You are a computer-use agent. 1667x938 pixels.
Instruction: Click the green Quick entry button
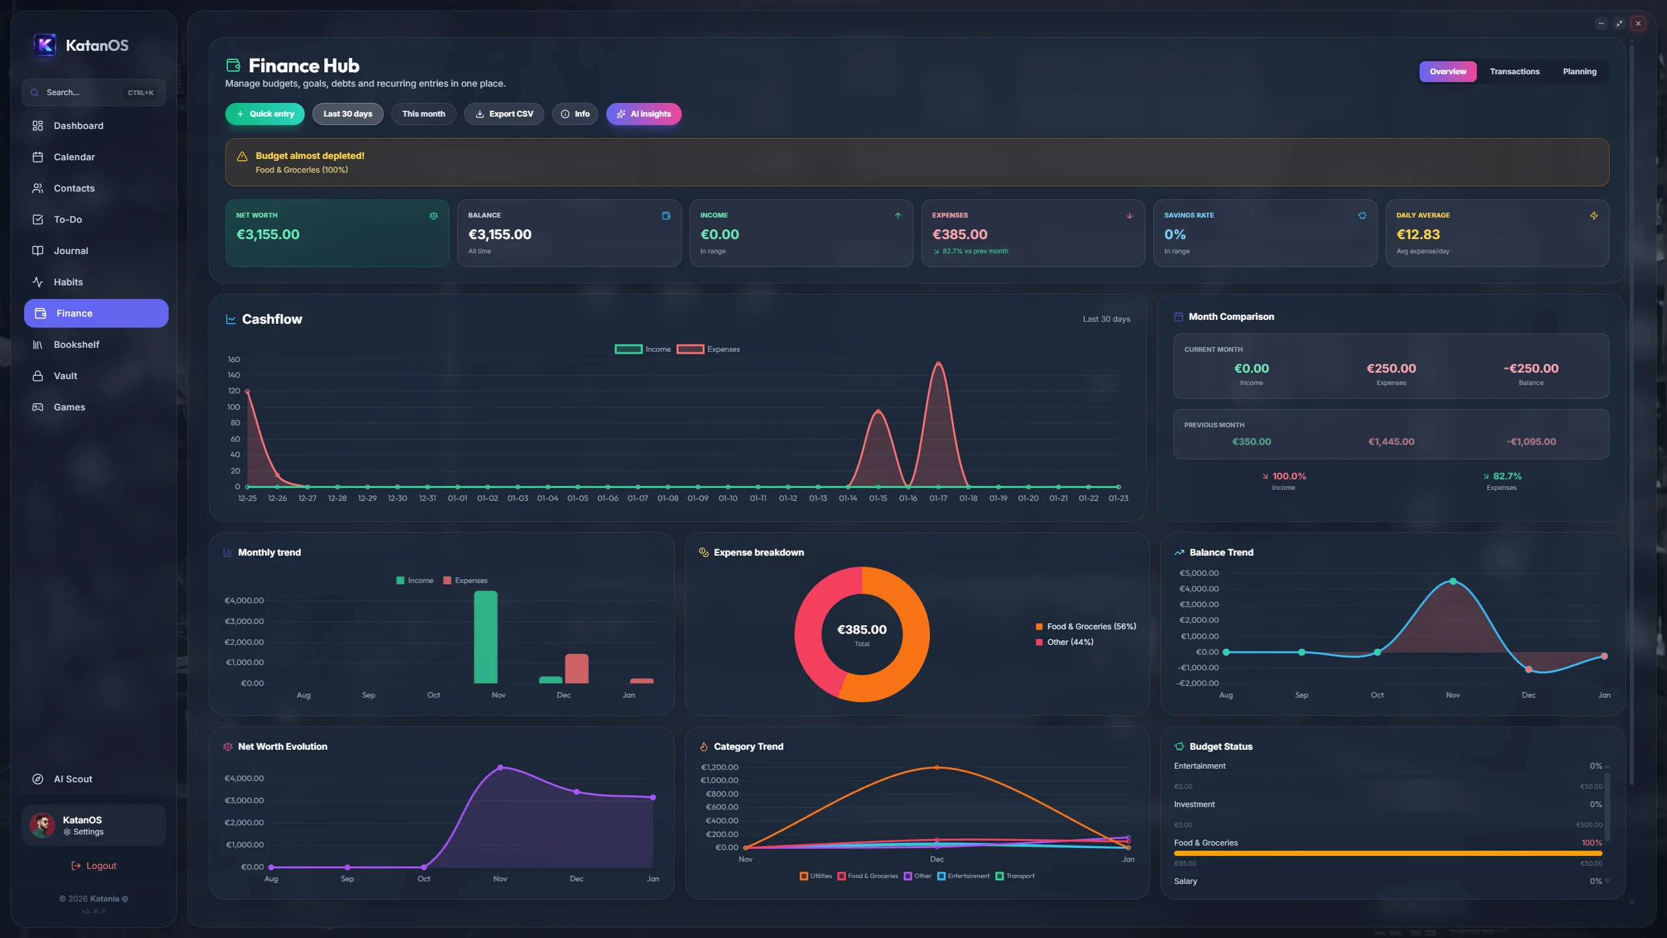265,114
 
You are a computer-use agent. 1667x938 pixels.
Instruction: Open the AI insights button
643,114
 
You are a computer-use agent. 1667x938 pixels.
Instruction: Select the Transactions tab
1514,72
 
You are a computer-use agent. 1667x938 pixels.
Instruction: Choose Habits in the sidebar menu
68,282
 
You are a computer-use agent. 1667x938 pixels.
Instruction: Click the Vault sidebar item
65,376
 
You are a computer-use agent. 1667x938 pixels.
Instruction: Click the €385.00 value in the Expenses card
959,234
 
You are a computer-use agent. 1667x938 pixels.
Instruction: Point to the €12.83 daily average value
1418,234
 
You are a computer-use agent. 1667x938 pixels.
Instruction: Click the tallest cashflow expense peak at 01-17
938,363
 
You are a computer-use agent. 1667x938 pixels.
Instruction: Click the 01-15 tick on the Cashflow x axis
878,498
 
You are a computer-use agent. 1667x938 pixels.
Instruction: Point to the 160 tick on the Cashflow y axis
234,360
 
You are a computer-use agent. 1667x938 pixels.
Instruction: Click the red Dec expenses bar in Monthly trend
576,669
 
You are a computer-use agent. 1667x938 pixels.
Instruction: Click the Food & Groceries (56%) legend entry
1086,627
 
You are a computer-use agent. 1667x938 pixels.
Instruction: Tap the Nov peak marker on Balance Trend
1453,581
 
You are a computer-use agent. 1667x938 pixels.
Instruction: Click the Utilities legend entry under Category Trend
816,876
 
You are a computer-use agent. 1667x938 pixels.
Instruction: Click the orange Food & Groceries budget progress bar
1387,853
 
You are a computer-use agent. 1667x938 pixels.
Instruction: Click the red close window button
1638,23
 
